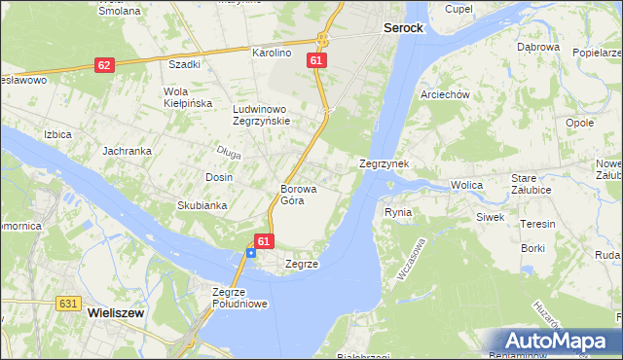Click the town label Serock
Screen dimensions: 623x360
click(x=403, y=28)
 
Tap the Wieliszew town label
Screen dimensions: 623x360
click(x=116, y=313)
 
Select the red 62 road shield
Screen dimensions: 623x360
click(x=104, y=65)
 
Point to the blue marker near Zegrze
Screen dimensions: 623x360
click(x=251, y=253)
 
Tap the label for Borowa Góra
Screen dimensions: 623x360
click(x=292, y=195)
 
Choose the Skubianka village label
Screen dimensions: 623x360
click(x=202, y=205)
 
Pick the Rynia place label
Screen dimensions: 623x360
click(x=398, y=211)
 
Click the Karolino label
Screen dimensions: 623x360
click(x=273, y=53)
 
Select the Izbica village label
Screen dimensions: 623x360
click(x=57, y=133)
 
